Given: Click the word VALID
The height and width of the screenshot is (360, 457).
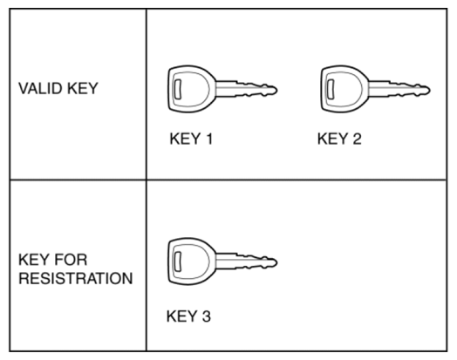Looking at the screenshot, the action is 40,88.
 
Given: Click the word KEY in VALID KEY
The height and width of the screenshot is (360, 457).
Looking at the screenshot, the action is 83,88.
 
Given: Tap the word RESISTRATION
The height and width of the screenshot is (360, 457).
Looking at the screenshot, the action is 76,278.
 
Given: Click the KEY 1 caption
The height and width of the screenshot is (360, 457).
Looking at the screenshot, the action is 191,139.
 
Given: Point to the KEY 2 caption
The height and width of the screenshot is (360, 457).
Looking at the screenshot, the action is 339,139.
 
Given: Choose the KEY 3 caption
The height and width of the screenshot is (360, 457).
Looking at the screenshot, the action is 188,316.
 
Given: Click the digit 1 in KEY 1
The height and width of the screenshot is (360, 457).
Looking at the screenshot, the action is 209,139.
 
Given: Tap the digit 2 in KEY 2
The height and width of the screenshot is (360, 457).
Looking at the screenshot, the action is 357,139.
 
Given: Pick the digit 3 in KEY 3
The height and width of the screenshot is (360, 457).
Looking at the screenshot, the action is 206,316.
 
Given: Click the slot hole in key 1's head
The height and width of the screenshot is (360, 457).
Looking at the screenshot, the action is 177,89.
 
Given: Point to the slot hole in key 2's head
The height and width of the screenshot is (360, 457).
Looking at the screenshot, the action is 331,89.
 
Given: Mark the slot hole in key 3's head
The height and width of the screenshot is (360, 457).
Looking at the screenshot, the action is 177,262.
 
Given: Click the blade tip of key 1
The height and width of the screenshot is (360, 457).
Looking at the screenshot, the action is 277,90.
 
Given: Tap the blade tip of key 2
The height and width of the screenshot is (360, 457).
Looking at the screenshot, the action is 430,90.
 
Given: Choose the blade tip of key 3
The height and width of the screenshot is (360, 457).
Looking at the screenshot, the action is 277,262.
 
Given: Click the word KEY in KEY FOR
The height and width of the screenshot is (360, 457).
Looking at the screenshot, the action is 34,260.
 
